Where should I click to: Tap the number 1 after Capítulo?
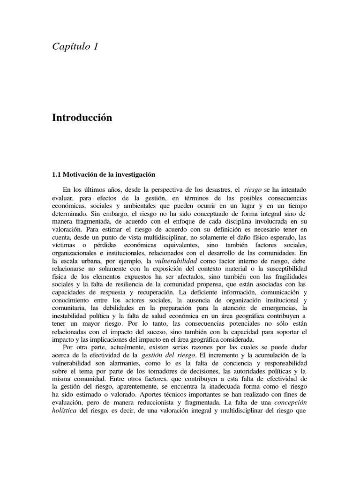pyautogui.click(x=95, y=46)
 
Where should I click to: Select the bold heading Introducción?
pyautogui.click(x=82, y=118)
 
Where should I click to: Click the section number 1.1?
pyautogui.click(x=56, y=174)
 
